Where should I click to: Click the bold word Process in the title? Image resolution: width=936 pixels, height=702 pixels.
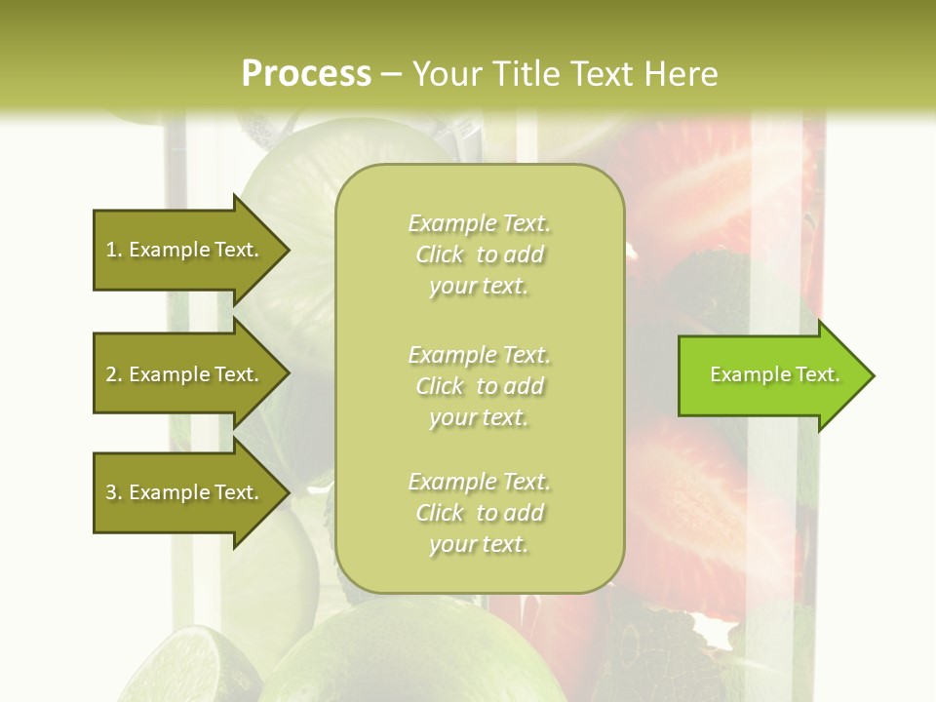click(306, 73)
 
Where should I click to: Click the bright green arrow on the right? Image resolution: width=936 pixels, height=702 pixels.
click(770, 375)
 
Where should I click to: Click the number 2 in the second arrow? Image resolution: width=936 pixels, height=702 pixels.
click(111, 374)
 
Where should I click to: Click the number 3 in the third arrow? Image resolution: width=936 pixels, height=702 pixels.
click(111, 492)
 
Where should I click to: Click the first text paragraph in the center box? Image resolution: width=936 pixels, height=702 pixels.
click(480, 254)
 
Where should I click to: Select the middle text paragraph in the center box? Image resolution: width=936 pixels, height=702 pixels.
click(480, 385)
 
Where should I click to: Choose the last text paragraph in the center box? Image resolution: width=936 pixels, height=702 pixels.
click(480, 513)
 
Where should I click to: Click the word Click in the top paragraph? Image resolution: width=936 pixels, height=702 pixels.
click(440, 254)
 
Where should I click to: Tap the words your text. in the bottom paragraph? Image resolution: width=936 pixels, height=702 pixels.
click(479, 544)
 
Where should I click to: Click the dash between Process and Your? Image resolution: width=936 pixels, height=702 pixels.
click(392, 74)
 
